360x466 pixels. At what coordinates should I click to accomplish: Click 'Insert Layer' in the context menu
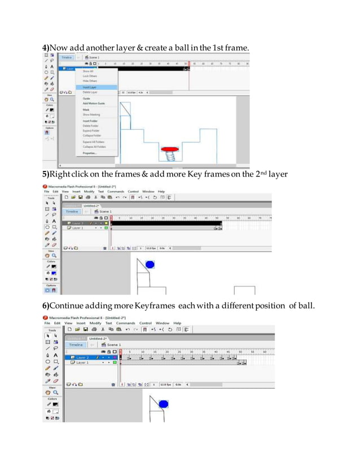pos(89,87)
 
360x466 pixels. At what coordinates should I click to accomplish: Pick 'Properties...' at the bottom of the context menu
pos(90,153)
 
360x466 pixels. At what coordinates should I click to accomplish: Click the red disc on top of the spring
pos(169,150)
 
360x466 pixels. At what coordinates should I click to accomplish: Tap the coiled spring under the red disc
pos(169,158)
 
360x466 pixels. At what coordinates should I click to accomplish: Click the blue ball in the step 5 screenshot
pos(150,265)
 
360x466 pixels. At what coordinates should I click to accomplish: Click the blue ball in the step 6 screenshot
pos(164,404)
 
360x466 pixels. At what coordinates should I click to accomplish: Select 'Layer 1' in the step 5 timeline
pos(77,228)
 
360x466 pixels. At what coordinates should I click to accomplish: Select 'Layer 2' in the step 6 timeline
pos(82,357)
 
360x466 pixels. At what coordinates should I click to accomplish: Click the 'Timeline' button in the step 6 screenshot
pos(76,344)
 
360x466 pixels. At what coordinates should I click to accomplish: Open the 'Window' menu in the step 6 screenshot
pos(163,323)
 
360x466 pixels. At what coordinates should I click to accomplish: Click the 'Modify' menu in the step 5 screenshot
pos(87,191)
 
